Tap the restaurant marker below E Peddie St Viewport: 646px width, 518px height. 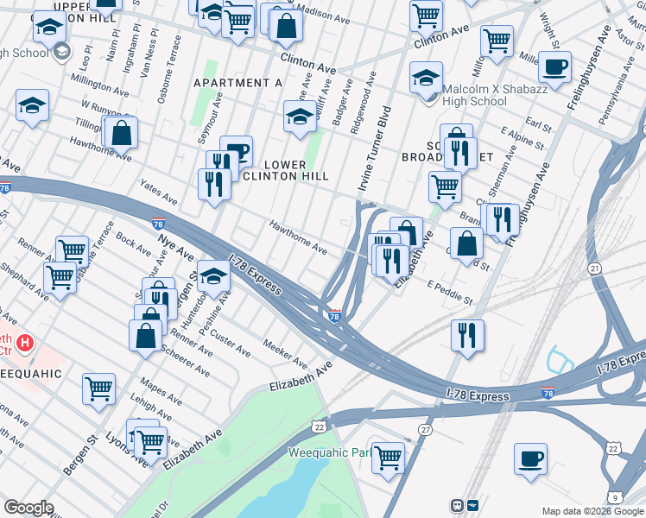tap(467, 334)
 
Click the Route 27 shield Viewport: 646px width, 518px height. tap(425, 429)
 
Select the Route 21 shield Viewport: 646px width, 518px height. tap(594, 269)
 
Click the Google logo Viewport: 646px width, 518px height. tap(28, 508)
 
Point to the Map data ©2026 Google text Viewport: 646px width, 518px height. tap(592, 511)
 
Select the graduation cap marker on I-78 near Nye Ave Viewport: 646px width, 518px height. tap(213, 275)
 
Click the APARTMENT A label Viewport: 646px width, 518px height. tap(238, 83)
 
